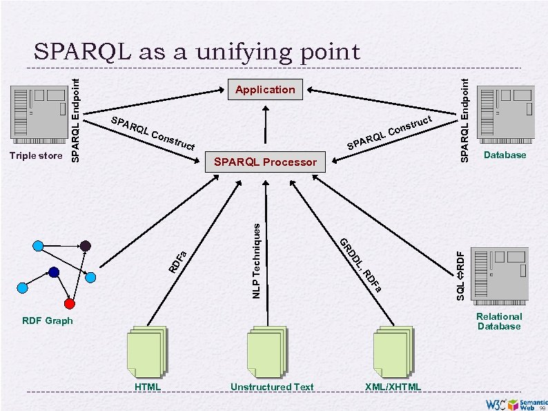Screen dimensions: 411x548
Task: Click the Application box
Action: tap(265, 90)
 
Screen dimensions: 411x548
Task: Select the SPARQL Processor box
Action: tap(265, 163)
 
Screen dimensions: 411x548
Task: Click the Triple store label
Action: tap(36, 155)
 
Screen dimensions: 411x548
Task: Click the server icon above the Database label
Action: tap(507, 113)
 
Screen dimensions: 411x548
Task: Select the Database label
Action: tap(505, 155)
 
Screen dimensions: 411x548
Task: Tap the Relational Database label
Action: tap(499, 321)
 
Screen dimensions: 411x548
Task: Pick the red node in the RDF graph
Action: tap(69, 303)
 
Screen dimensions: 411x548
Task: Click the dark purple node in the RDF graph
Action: tap(85, 246)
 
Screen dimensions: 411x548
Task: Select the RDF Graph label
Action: tap(47, 321)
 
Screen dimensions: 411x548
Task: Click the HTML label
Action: tap(148, 388)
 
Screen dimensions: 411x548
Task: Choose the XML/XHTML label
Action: tap(392, 388)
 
